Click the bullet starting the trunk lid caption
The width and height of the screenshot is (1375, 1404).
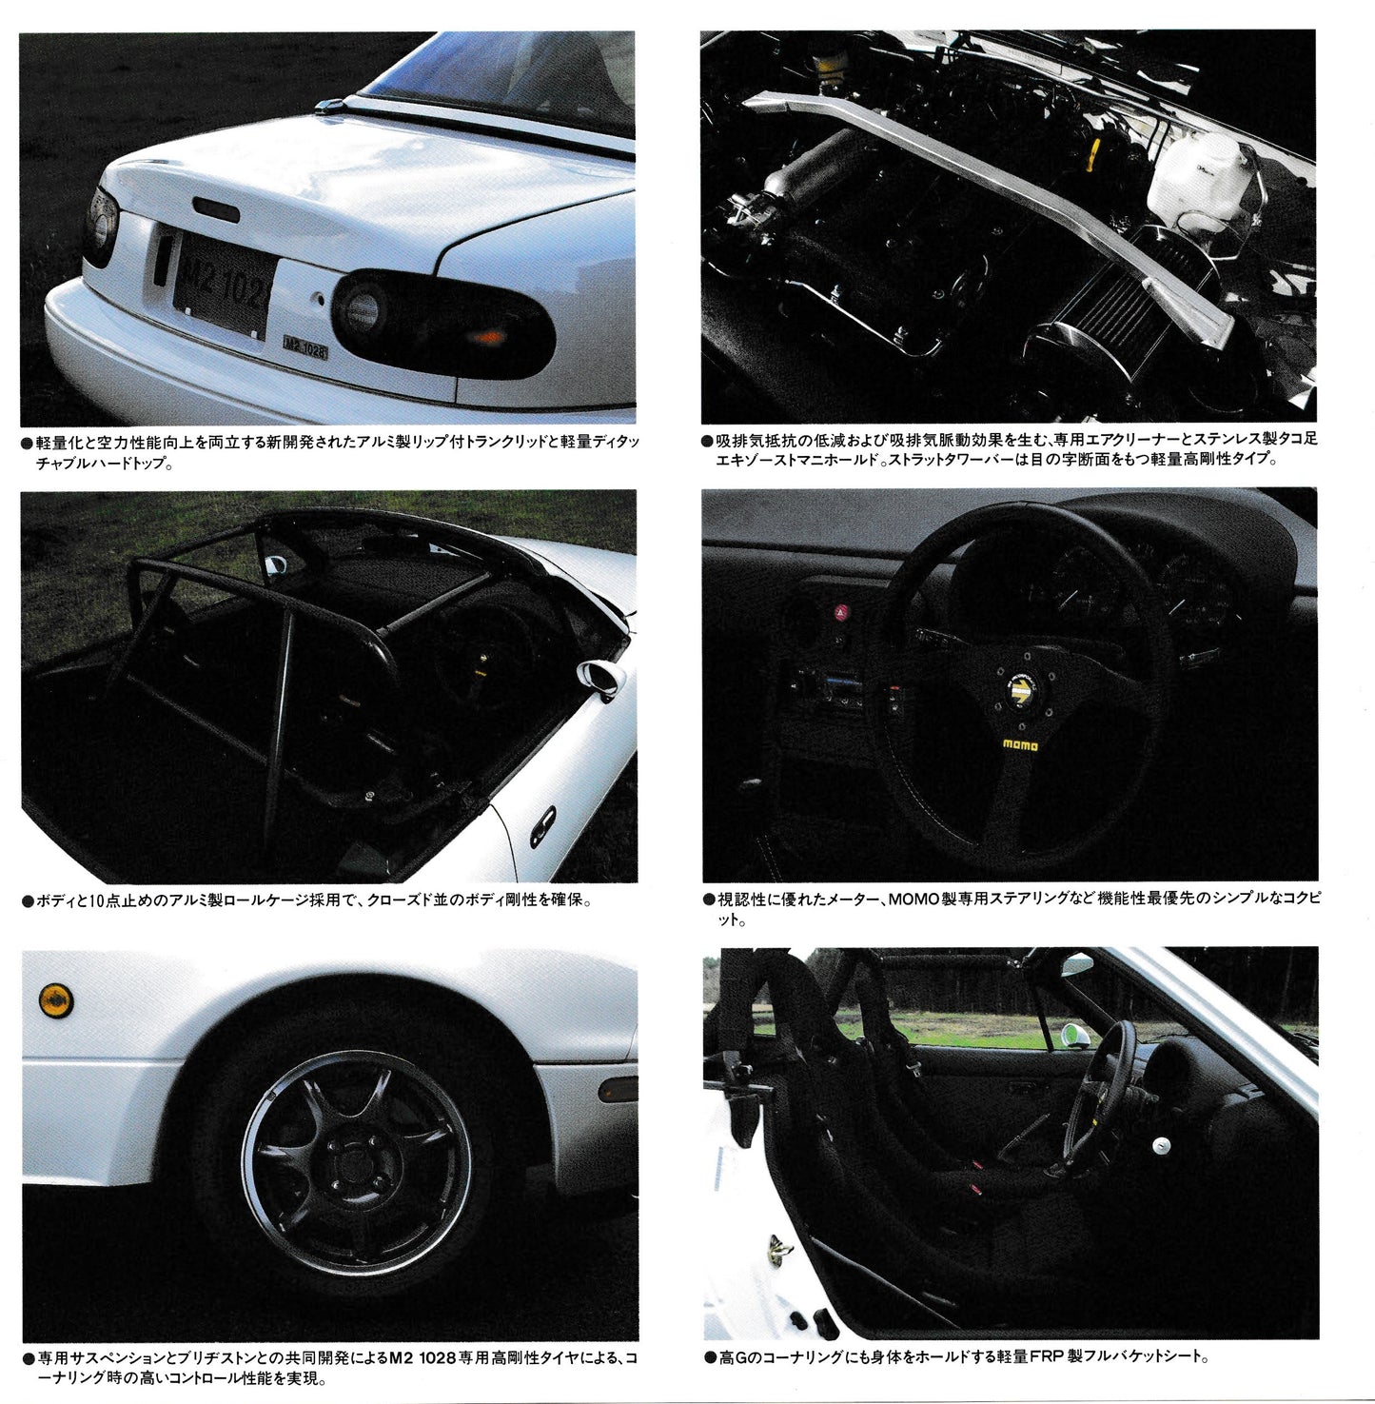click(x=27, y=444)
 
